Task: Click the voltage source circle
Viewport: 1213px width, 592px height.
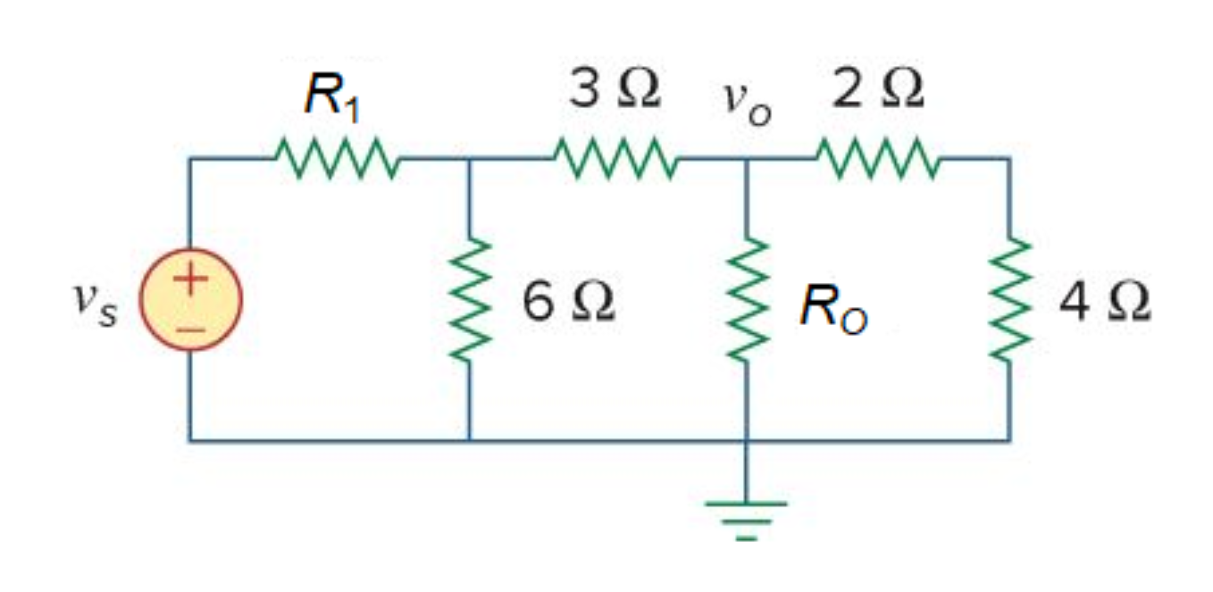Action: (x=190, y=300)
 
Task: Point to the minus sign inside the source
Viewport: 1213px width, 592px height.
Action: (x=190, y=328)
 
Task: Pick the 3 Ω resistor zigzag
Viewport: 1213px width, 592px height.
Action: (x=615, y=159)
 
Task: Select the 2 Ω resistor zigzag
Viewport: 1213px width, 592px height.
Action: (x=877, y=159)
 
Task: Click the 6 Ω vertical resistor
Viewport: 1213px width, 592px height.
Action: (x=470, y=300)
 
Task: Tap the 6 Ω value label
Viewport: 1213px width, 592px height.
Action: (x=568, y=304)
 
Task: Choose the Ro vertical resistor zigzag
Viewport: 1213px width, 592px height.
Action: (x=747, y=300)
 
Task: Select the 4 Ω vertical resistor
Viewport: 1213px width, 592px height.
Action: (x=1009, y=300)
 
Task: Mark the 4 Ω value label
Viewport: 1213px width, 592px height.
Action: (x=1104, y=304)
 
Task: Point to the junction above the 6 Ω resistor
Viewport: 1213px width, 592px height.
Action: (x=470, y=159)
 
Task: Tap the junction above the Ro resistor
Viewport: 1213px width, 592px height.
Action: (x=747, y=159)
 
